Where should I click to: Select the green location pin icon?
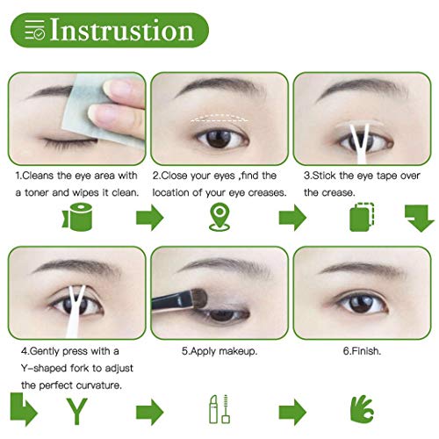[219, 215]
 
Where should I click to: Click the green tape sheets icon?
[361, 216]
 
